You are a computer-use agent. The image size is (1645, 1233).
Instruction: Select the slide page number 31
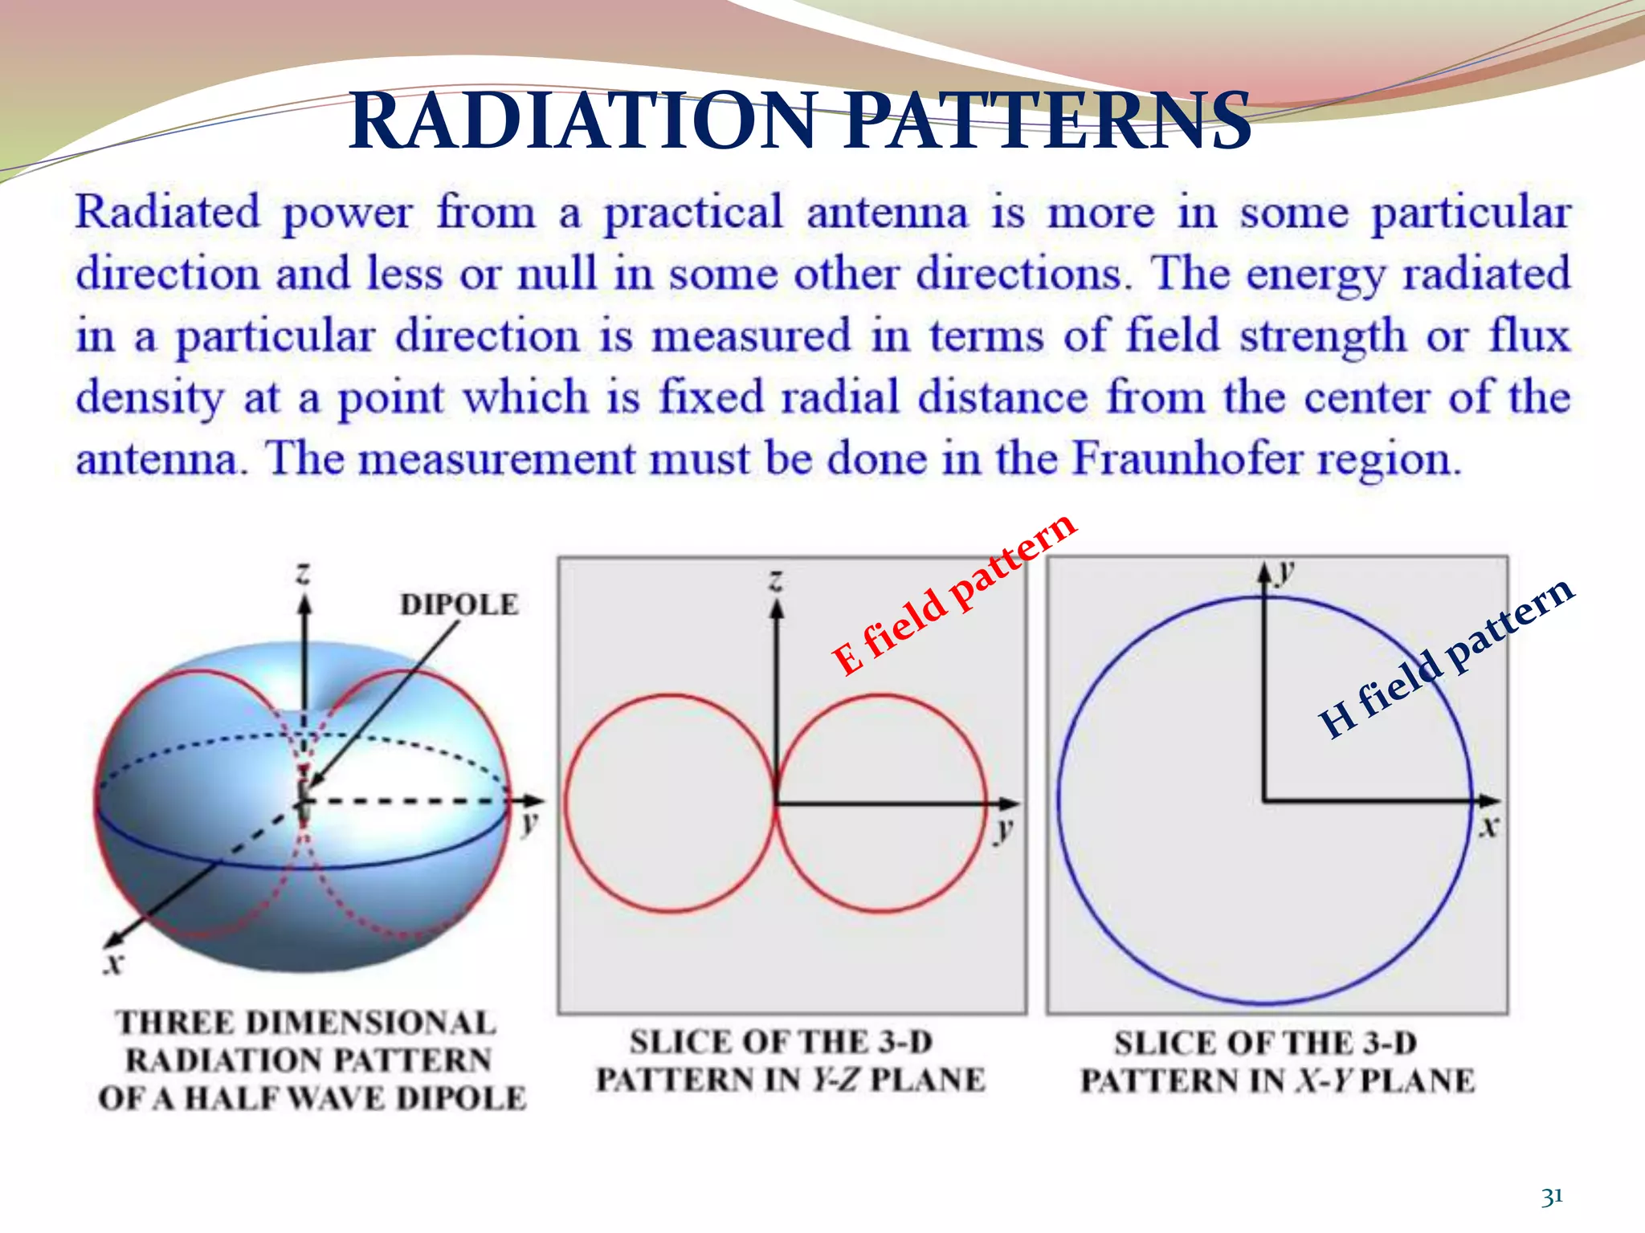click(1552, 1197)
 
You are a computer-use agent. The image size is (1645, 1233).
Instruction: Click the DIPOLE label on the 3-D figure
click(459, 604)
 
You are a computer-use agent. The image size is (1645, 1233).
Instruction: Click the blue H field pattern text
click(1446, 658)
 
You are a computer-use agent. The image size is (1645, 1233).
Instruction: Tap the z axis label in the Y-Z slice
click(776, 579)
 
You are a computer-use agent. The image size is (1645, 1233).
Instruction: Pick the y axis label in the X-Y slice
click(1287, 571)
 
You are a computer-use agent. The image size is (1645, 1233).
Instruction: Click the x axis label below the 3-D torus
click(115, 962)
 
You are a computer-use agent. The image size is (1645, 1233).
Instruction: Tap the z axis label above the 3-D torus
click(303, 573)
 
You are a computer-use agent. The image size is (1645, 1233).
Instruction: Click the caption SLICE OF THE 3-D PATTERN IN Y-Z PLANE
click(790, 1060)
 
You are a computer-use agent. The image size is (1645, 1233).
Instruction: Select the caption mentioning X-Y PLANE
click(1277, 1062)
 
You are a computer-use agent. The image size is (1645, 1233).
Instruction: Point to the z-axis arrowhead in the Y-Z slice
click(776, 609)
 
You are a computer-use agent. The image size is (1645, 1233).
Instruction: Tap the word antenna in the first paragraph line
click(887, 214)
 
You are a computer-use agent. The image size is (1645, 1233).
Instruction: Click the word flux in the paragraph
click(1529, 336)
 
